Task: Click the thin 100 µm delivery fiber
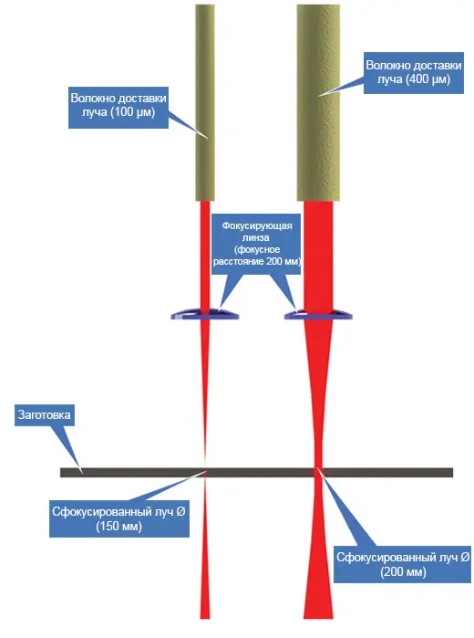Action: [x=205, y=102]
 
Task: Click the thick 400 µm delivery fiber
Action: [x=318, y=102]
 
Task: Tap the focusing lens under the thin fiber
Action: [x=205, y=314]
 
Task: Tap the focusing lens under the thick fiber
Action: [x=318, y=314]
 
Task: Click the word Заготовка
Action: [x=44, y=414]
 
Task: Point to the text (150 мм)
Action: [x=119, y=526]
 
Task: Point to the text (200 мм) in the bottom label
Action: [x=403, y=571]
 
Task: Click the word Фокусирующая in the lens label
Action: [x=257, y=225]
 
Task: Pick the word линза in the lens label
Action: [x=256, y=237]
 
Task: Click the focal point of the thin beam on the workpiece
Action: [x=205, y=472]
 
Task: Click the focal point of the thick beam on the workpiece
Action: [x=319, y=472]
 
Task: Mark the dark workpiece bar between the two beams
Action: [x=262, y=473]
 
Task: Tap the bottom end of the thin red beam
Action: [x=205, y=618]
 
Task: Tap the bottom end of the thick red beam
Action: [x=318, y=618]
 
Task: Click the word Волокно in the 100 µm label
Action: [x=93, y=99]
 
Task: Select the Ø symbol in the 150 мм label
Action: [x=180, y=511]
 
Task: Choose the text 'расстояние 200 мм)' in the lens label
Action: [x=257, y=261]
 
